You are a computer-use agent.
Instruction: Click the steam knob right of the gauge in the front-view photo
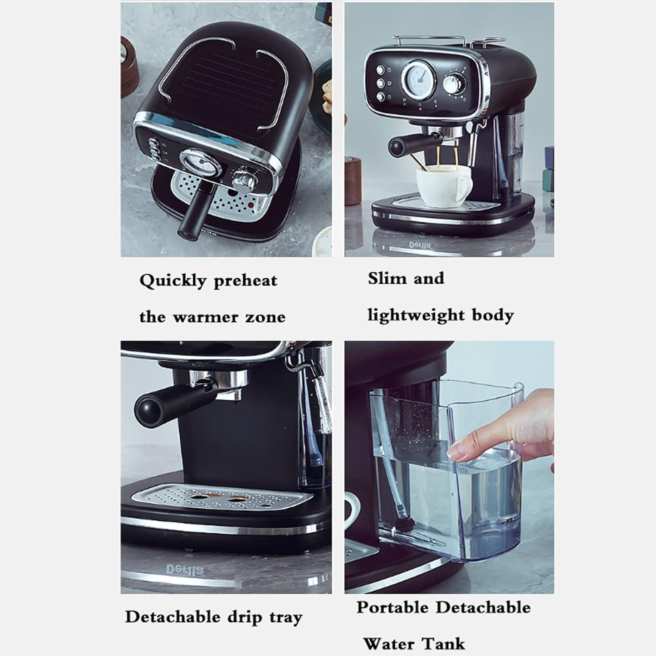(456, 83)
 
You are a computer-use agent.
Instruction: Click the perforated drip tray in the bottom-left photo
(223, 499)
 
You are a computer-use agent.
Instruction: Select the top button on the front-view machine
(380, 69)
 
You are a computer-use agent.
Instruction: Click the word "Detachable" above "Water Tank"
(483, 607)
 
